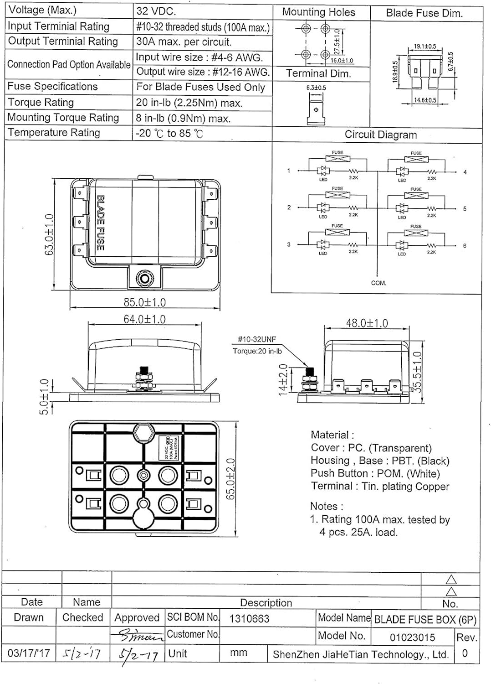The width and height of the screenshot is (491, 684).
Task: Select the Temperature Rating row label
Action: click(54, 133)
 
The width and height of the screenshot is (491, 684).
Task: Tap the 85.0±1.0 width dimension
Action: click(144, 302)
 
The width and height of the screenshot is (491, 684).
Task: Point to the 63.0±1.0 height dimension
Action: click(49, 234)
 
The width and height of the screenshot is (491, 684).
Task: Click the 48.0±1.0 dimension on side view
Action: click(367, 323)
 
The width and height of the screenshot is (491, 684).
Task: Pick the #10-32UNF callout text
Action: click(257, 339)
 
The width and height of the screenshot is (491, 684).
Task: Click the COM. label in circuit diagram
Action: click(378, 283)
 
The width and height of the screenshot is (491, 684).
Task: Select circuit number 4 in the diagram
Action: click(465, 172)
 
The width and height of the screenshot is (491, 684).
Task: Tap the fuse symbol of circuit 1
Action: click(338, 159)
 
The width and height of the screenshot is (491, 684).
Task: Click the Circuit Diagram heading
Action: click(380, 135)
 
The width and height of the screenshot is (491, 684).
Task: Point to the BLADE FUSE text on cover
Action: click(100, 223)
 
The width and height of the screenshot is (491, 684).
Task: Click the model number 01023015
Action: click(412, 637)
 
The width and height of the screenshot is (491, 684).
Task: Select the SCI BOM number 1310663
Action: click(249, 619)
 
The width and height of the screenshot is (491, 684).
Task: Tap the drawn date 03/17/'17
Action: click(29, 653)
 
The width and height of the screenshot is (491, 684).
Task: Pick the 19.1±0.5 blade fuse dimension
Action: click(425, 47)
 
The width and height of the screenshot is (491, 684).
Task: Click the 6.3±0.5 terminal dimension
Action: click(316, 88)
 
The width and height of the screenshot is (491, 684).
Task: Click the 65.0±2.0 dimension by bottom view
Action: click(231, 479)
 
